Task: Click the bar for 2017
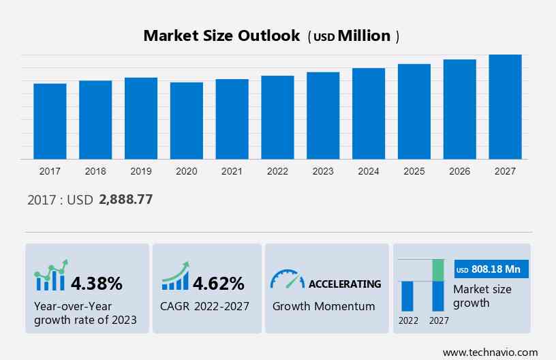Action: point(50,121)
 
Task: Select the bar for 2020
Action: point(187,121)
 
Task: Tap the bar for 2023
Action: point(323,115)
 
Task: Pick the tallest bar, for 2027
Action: point(505,107)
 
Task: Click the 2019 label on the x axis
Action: point(141,171)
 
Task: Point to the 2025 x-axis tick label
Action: point(414,171)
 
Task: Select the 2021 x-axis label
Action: point(232,171)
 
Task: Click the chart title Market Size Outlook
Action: point(221,36)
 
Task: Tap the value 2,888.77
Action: point(125,200)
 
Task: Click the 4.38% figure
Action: point(97,283)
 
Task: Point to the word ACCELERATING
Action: point(345,284)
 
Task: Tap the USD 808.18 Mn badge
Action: point(491,269)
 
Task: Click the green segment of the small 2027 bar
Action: point(438,270)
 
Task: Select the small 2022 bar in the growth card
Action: point(408,296)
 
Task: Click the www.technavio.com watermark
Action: point(490,352)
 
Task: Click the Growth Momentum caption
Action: point(324,306)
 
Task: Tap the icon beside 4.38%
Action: point(51,275)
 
